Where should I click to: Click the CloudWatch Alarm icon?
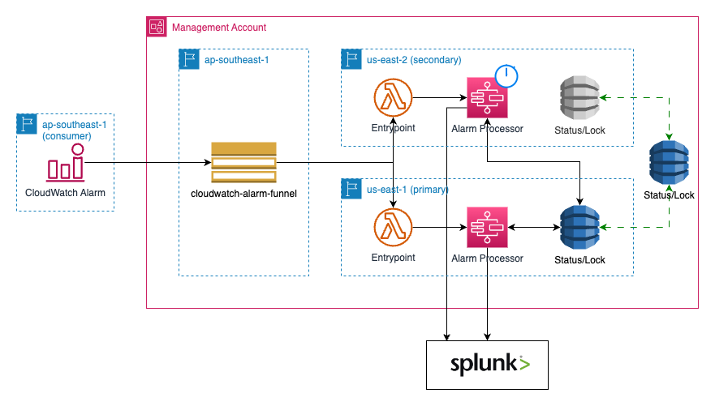pyautogui.click(x=65, y=165)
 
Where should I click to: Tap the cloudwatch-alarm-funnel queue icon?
pyautogui.click(x=243, y=162)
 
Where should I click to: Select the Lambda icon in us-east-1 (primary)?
pyautogui.click(x=394, y=228)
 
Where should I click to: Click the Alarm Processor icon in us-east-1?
pyautogui.click(x=487, y=228)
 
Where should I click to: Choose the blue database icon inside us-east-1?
pyautogui.click(x=580, y=228)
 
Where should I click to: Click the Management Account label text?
pyautogui.click(x=219, y=28)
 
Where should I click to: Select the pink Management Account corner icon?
pyautogui.click(x=157, y=27)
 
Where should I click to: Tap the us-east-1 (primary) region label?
pyautogui.click(x=407, y=190)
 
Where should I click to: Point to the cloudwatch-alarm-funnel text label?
pyautogui.click(x=243, y=194)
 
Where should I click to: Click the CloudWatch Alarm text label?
pyautogui.click(x=65, y=193)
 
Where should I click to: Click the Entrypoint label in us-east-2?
pyautogui.click(x=394, y=128)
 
